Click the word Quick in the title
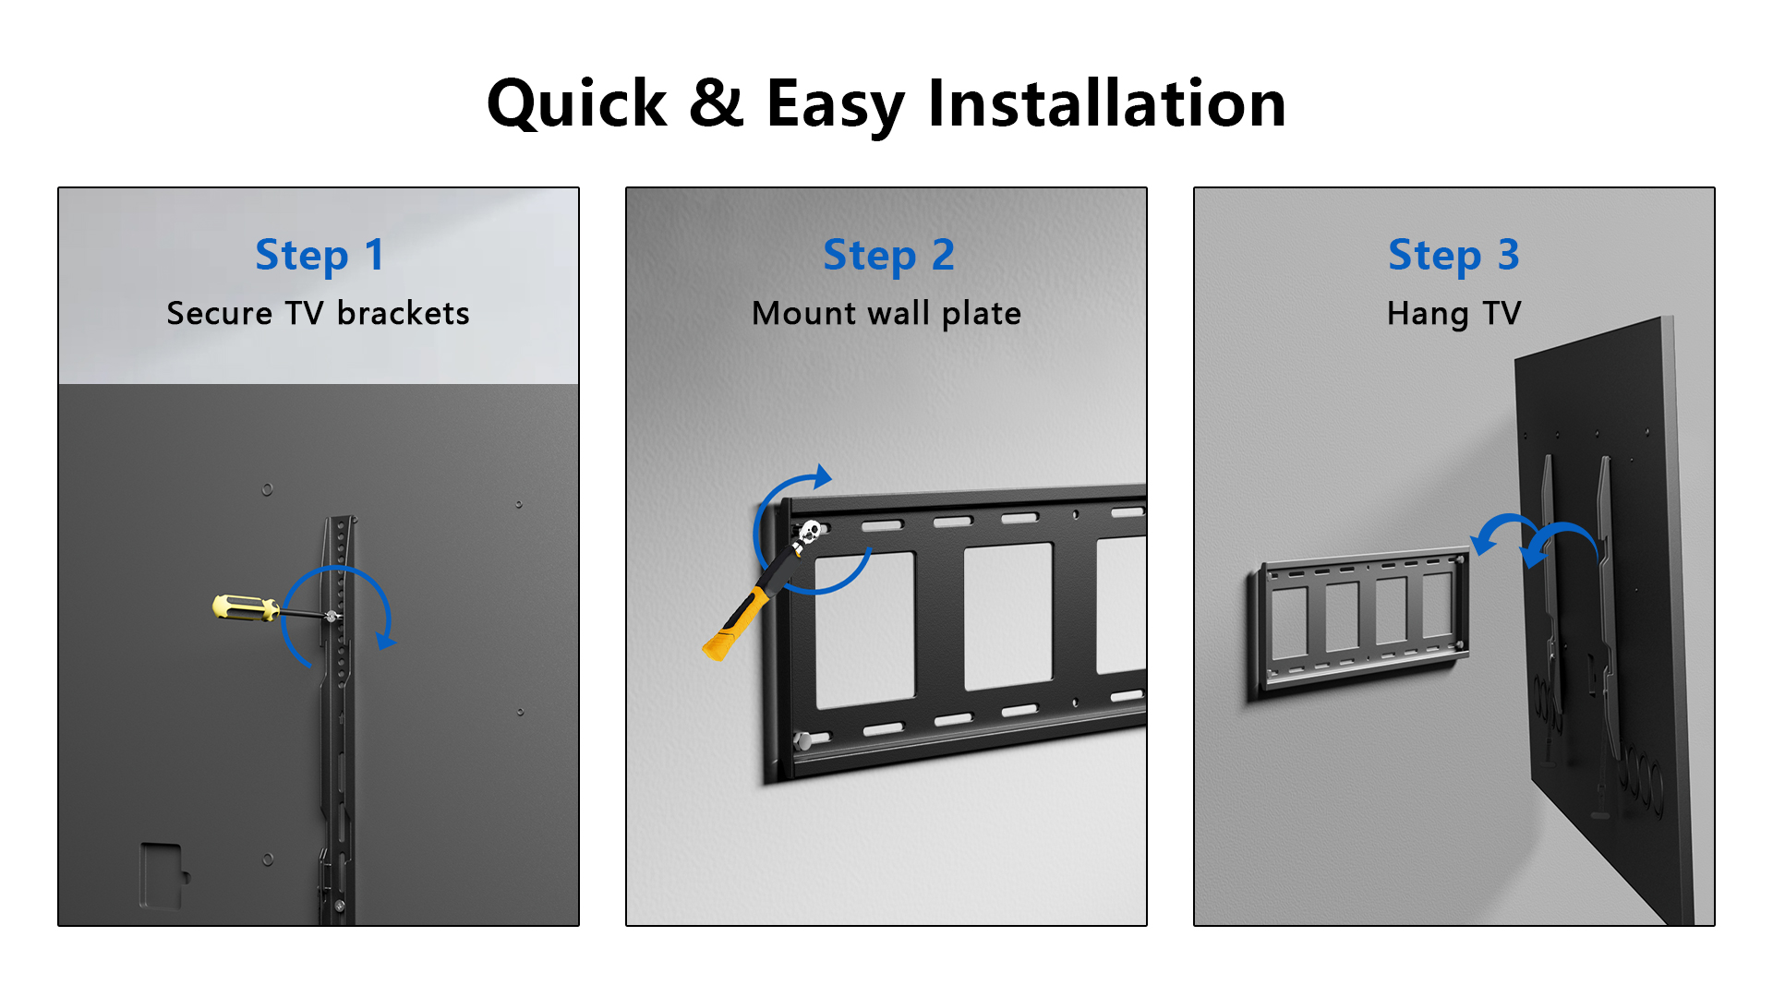click(576, 104)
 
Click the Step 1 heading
click(319, 256)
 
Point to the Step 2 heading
click(888, 256)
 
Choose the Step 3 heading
click(1453, 256)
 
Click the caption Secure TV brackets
click(318, 314)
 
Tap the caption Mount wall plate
click(886, 315)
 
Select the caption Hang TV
click(1453, 315)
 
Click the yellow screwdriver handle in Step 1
click(246, 607)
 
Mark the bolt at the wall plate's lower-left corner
click(803, 740)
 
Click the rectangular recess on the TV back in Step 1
click(163, 875)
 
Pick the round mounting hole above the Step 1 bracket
click(267, 489)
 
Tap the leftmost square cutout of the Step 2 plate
click(864, 631)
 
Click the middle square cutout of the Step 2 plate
click(1008, 616)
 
